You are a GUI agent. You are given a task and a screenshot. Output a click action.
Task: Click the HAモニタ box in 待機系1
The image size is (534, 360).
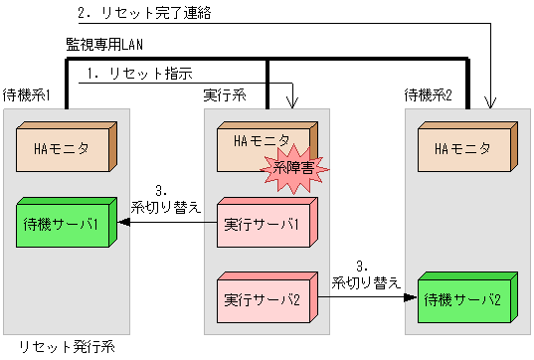click(x=69, y=150)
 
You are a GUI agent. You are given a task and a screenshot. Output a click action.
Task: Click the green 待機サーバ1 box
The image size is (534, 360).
click(x=69, y=223)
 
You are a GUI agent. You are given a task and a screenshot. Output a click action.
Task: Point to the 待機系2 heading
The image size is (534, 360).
click(x=430, y=94)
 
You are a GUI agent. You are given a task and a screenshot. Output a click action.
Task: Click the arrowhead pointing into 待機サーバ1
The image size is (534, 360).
click(x=125, y=224)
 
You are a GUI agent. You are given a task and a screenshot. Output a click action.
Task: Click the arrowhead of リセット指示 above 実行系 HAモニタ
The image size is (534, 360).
click(x=292, y=102)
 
